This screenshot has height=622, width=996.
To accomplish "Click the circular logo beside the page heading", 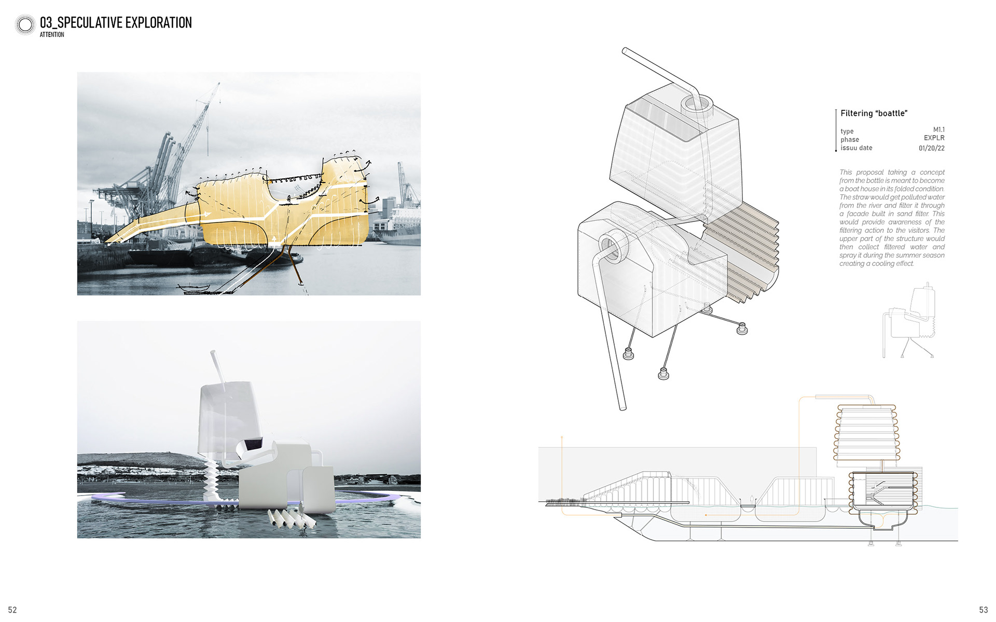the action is coord(25,24).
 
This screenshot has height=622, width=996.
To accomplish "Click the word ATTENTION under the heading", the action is coord(52,35).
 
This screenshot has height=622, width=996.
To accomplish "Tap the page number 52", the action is coord(12,610).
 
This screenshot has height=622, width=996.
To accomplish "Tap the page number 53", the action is coord(983,610).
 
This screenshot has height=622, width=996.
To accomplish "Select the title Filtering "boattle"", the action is coord(874,114).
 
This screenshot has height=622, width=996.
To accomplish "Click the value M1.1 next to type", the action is coord(938,130).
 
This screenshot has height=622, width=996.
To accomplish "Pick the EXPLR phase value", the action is coord(934,138).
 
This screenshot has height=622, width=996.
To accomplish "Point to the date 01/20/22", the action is coord(931,148).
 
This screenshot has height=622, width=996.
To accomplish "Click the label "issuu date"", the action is coord(856,148).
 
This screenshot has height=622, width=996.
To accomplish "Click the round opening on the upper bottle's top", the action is coord(694,103).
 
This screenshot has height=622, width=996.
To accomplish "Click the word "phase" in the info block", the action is coord(850,140).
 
